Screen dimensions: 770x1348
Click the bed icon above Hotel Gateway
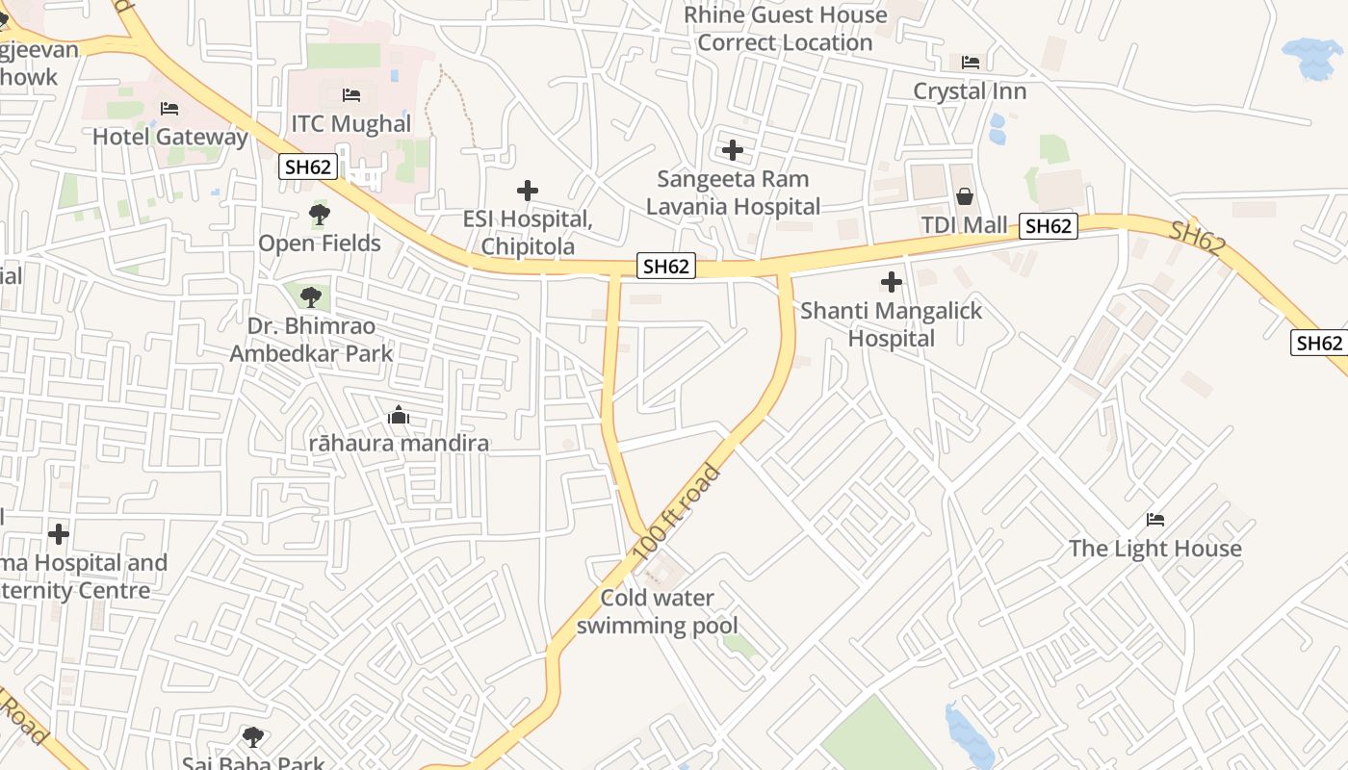pyautogui.click(x=169, y=109)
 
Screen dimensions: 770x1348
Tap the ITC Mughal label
pyautogui.click(x=350, y=123)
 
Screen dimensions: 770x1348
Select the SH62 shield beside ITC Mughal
pyautogui.click(x=308, y=167)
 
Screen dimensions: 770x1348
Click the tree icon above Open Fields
pyautogui.click(x=320, y=215)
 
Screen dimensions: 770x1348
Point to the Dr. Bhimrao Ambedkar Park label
pyautogui.click(x=311, y=340)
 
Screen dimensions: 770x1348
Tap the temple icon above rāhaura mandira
pyautogui.click(x=398, y=416)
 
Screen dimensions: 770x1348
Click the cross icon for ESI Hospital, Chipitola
pyautogui.click(x=528, y=191)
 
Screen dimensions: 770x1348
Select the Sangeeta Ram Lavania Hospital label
pyautogui.click(x=733, y=192)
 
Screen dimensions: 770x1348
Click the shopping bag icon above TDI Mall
pyautogui.click(x=964, y=197)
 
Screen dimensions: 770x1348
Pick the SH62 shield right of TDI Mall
pyautogui.click(x=1049, y=226)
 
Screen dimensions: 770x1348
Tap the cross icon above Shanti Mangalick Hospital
pyautogui.click(x=892, y=282)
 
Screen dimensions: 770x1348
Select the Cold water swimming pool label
pyautogui.click(x=657, y=611)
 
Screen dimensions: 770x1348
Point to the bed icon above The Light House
pyautogui.click(x=1155, y=520)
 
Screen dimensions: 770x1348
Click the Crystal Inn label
pyautogui.click(x=970, y=91)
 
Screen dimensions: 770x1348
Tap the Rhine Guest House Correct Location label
pyautogui.click(x=785, y=29)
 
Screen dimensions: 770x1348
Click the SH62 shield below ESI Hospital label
pyautogui.click(x=665, y=267)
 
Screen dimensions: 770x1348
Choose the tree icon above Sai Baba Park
pyautogui.click(x=253, y=737)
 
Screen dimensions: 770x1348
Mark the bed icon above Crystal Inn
pyautogui.click(x=971, y=63)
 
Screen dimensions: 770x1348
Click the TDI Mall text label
pyautogui.click(x=964, y=225)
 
